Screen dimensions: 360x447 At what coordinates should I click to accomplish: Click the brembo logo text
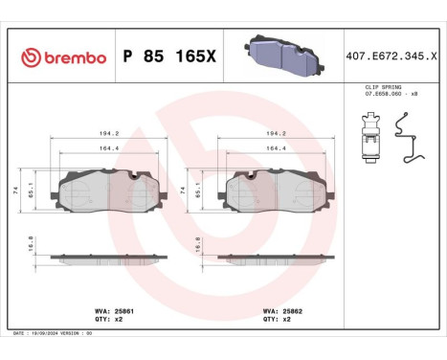[x=63, y=56]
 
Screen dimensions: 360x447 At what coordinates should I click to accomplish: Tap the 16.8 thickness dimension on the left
[x=32, y=245]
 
